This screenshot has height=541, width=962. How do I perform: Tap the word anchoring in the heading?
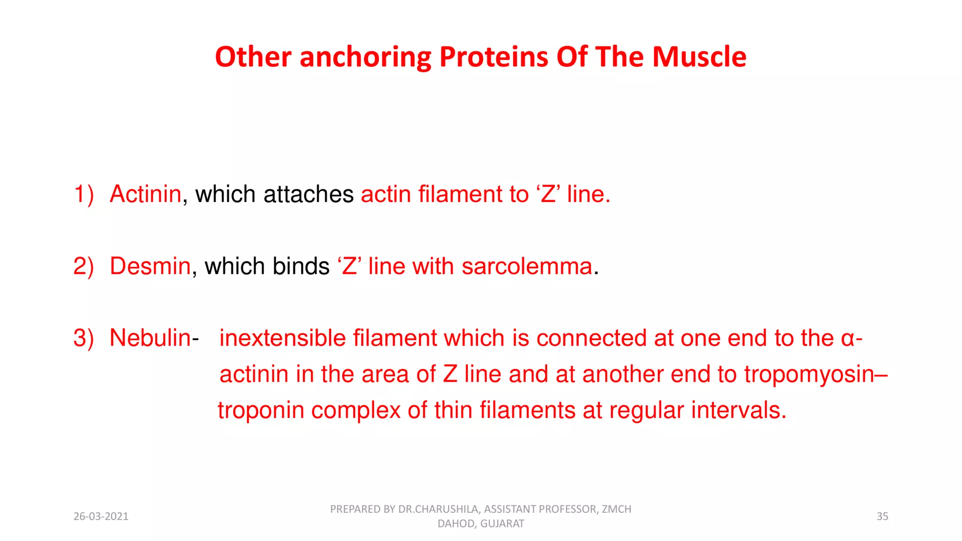[365, 58]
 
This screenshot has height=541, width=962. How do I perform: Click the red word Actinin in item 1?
[145, 194]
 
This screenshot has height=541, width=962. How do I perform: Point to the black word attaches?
[308, 194]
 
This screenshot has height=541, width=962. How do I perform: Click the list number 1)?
[84, 194]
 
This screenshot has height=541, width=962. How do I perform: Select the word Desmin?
[150, 266]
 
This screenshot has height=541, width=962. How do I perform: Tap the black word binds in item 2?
[301, 266]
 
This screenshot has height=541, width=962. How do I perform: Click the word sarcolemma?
[527, 266]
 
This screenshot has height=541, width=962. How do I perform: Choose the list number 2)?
[84, 267]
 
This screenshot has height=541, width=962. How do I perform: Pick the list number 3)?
[84, 339]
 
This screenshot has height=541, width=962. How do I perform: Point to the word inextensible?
[282, 338]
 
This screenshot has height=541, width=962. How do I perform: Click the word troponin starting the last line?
[261, 410]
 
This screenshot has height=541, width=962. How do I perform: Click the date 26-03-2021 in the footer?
[101, 517]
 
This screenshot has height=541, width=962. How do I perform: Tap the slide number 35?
[882, 517]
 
